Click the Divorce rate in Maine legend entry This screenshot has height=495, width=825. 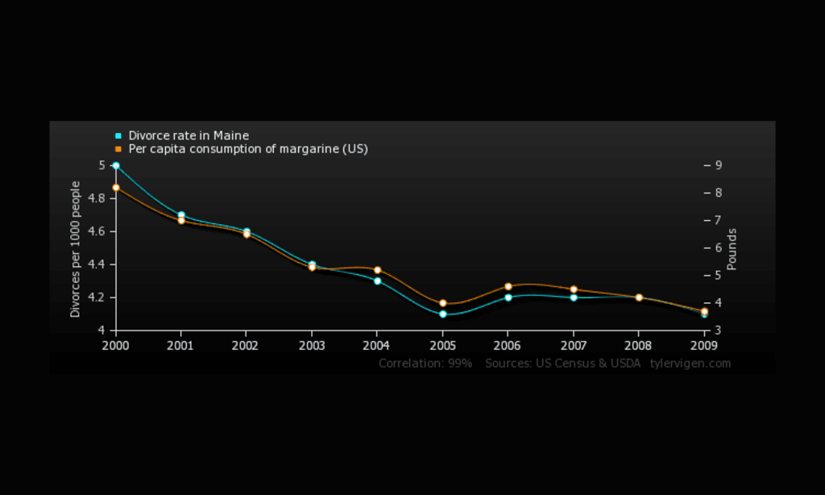click(188, 135)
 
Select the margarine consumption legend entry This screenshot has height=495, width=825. click(247, 149)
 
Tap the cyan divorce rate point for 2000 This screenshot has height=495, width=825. click(116, 165)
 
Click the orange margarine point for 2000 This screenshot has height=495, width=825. click(116, 187)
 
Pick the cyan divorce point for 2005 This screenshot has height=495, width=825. click(443, 314)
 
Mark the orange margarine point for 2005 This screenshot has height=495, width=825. click(443, 303)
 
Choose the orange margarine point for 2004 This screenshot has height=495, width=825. click(377, 270)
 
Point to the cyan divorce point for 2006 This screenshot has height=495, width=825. click(508, 297)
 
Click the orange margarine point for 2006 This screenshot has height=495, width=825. click(508, 286)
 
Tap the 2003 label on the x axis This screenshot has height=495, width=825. click(311, 345)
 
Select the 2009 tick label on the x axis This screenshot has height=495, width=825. click(704, 345)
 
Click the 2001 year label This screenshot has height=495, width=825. click(180, 345)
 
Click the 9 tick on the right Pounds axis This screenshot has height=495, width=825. click(718, 165)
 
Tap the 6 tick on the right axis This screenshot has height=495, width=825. click(718, 247)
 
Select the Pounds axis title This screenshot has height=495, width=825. click(732, 248)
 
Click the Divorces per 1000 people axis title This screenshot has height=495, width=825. click(76, 248)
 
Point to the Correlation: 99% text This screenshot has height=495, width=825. click(425, 364)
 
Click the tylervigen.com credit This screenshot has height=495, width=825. click(690, 364)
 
